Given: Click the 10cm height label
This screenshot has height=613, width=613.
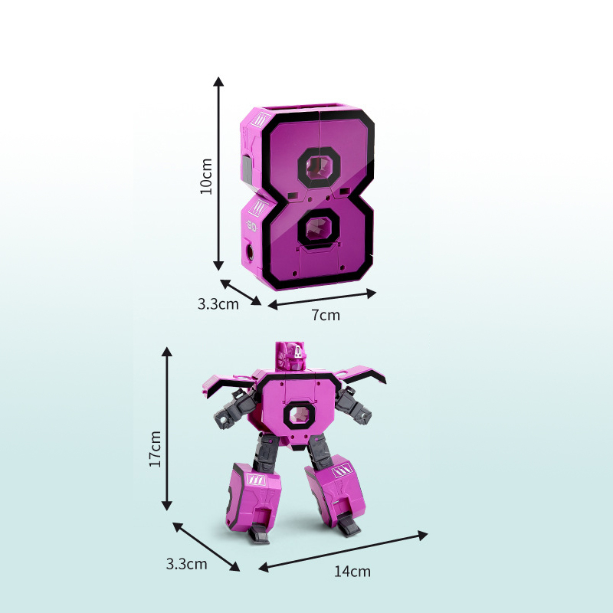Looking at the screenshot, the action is point(205,177).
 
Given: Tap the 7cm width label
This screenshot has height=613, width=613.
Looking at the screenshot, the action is point(326,315).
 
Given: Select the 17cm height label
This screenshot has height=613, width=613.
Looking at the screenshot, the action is point(155,449).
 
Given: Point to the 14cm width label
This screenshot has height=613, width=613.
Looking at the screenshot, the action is point(352,571).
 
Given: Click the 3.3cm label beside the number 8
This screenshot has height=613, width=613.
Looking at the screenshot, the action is point(218,303).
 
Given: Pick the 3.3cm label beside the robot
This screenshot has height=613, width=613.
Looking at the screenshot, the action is point(186,564).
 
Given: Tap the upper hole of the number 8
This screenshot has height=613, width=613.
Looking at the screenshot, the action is point(319,166).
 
